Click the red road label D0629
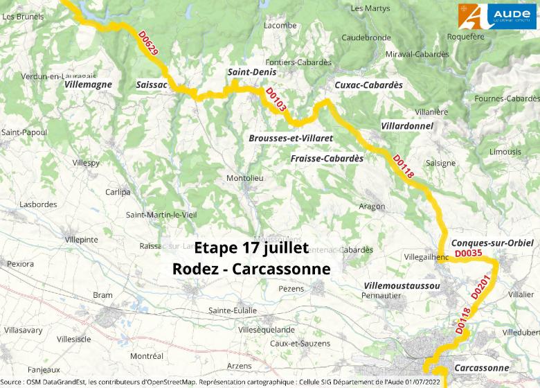pos(148,44)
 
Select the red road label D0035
pos(467,254)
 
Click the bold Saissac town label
pos(152,85)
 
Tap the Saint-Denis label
pos(252,72)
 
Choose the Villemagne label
pos(87,85)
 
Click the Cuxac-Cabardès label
pos(368,85)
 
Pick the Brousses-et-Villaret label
pos(291,139)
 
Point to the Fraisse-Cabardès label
pos(327,159)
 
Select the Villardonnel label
pos(407,126)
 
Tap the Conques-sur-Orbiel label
pos(492,242)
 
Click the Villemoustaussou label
pos(402,285)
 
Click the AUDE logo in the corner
pos(497,16)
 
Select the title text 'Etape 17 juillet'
pos(251,248)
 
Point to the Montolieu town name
pos(245,179)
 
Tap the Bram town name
pos(102,295)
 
